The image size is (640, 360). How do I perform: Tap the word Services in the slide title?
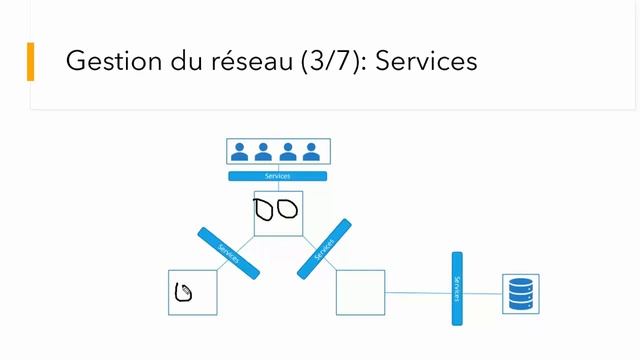pos(427,61)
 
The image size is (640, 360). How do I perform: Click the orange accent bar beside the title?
pos(30,61)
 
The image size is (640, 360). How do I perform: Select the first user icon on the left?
pos(240,152)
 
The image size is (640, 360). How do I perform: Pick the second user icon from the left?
pos(263,152)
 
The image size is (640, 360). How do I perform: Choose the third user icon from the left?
pos(287,152)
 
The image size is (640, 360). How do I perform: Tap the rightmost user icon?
pos(311,152)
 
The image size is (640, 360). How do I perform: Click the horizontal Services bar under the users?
pos(277,176)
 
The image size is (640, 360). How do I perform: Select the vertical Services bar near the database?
pos(457,288)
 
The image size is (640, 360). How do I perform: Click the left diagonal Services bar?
pos(229,253)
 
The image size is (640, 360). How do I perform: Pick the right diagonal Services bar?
pos(324,249)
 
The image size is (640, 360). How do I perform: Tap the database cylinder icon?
pos(521,294)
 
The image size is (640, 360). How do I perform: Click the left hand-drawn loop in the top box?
pos(265,209)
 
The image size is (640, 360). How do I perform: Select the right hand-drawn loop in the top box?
pos(287,208)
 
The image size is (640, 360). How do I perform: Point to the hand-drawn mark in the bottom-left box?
pos(184,293)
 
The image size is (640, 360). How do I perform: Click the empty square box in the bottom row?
pos(360,293)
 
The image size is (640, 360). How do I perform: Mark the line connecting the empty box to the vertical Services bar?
pos(418,293)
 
